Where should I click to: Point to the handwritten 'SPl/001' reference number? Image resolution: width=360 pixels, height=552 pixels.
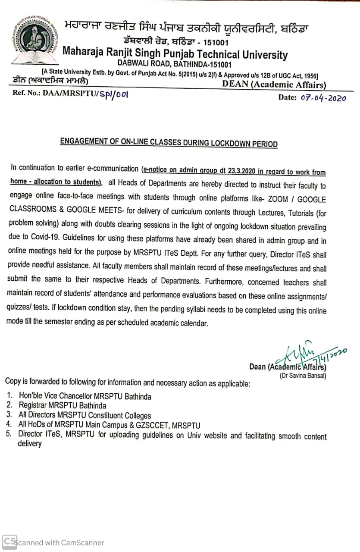114,94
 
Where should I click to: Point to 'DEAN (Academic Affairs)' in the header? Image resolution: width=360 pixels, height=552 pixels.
274,85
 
